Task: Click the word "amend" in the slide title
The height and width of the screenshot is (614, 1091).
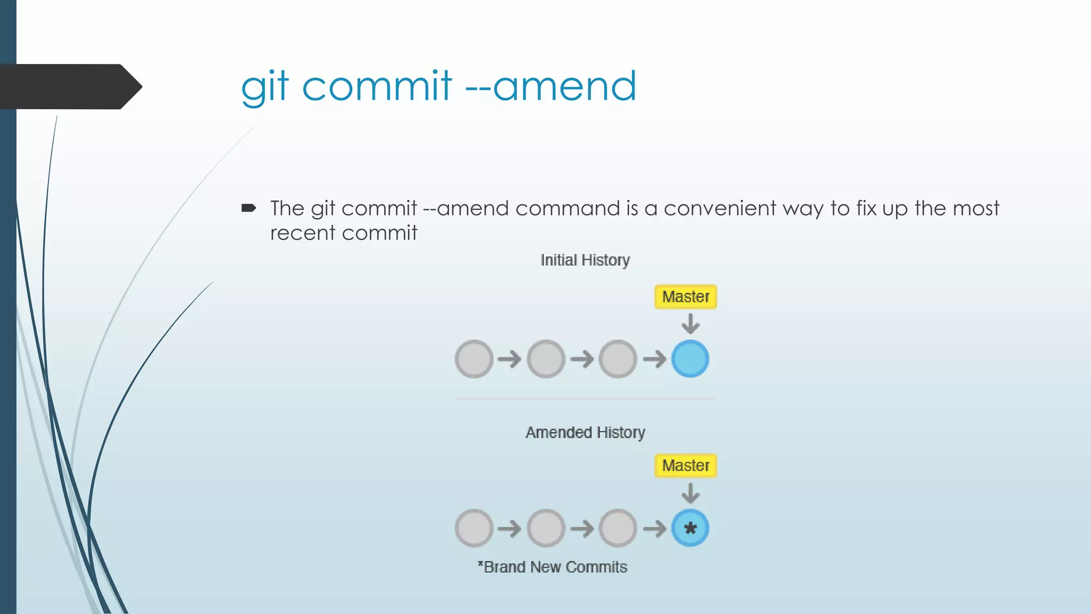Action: [565, 86]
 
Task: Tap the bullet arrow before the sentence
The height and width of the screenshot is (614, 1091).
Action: [248, 208]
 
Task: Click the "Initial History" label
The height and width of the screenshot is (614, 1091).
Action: [585, 260]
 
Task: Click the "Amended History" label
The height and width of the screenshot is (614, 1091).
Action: [585, 432]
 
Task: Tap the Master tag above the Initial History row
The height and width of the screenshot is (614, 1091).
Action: [686, 297]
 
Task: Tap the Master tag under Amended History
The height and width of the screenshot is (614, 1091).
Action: [686, 466]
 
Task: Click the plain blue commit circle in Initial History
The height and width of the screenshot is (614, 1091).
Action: [690, 359]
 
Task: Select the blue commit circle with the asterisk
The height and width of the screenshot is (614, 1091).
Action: [690, 528]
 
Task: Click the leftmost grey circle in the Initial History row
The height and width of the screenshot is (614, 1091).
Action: [474, 359]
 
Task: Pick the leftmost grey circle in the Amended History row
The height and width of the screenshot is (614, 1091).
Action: [474, 528]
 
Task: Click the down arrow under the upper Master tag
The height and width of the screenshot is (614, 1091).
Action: [690, 324]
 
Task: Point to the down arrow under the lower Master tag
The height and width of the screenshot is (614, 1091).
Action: [690, 493]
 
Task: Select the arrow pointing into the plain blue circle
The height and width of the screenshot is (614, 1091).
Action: [655, 359]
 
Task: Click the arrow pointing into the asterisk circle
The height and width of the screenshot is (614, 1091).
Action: [655, 529]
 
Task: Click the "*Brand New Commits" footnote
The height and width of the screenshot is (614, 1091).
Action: [552, 567]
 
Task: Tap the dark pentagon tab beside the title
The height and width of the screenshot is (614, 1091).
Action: [69, 86]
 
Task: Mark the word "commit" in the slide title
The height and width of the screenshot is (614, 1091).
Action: [377, 86]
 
